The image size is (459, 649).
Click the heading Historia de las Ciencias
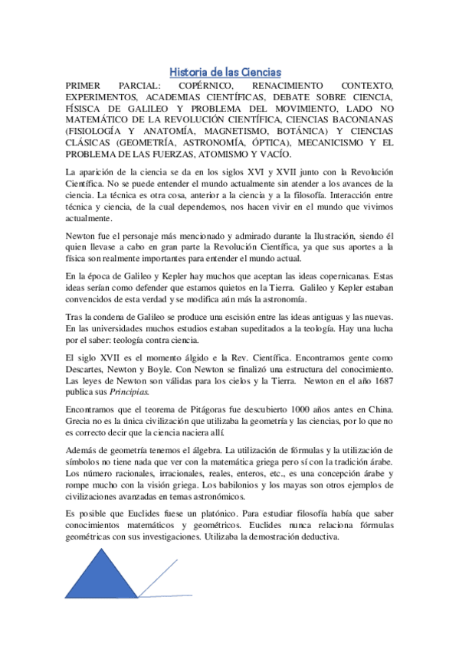[225, 71]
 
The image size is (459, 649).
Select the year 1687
[380, 380]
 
